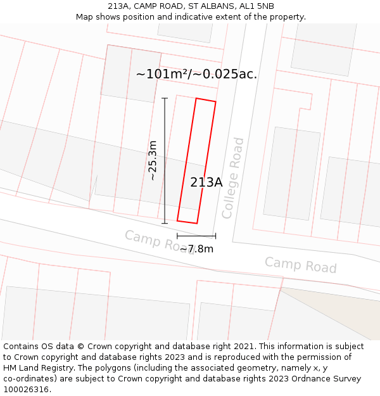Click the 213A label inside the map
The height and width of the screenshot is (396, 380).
206,182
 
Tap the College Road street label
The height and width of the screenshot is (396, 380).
232,178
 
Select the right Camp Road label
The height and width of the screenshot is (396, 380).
300,265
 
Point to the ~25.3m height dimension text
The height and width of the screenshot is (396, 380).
152,161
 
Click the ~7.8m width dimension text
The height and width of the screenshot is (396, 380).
196,249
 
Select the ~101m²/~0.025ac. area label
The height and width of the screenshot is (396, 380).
196,74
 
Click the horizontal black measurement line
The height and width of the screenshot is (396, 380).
196,236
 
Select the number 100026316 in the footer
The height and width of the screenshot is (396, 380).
25,390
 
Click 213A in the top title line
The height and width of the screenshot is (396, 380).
120,6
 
